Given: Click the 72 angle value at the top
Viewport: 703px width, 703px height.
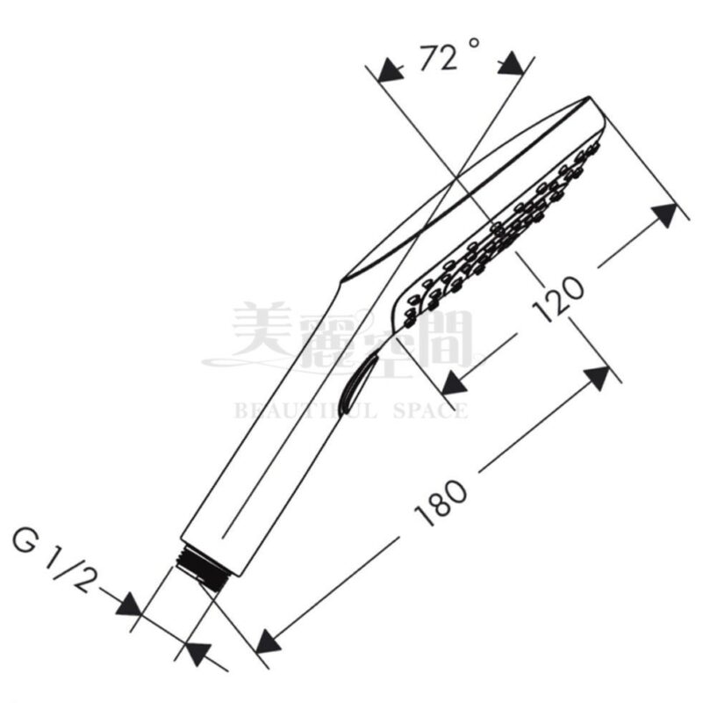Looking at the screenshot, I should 439,60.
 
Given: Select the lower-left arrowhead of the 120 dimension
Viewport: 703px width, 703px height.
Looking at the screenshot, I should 455,382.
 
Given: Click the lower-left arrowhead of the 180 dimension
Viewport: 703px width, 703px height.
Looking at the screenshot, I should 268,641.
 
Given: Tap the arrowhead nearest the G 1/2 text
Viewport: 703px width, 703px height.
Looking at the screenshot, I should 130,605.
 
